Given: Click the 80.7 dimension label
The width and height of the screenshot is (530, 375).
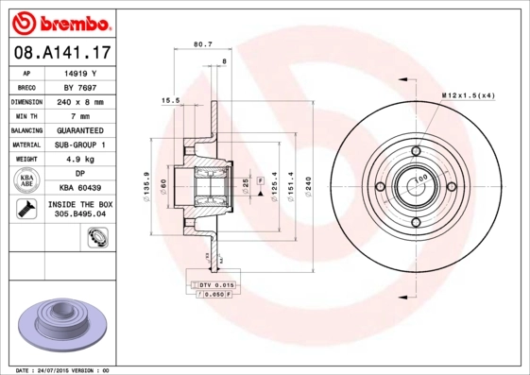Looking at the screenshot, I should click(202, 43).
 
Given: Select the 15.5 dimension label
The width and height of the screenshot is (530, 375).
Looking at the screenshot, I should click(170, 99).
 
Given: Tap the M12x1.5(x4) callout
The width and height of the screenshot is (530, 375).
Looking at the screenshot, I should click(469, 96).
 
